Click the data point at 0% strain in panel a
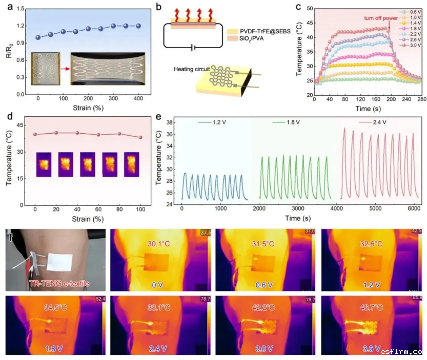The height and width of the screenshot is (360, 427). tap(38, 37)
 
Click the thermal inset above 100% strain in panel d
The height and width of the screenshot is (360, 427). tap(132, 164)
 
